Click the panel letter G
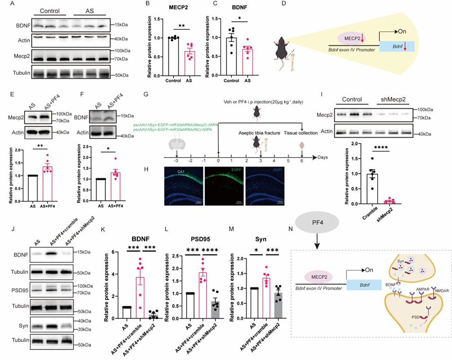coord(151,92)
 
